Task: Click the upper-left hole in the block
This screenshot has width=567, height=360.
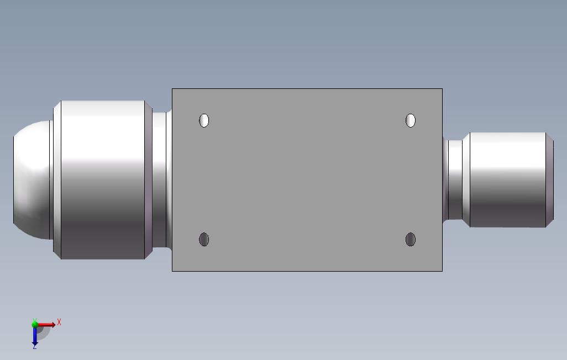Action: [204, 120]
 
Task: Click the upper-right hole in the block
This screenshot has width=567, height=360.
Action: [411, 120]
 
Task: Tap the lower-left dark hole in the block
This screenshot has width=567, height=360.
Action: [204, 239]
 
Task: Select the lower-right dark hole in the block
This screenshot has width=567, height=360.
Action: [411, 239]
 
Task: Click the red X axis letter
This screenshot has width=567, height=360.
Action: [59, 322]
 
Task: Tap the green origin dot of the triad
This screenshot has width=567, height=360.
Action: [35, 325]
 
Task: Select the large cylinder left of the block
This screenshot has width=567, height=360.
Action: [103, 180]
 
